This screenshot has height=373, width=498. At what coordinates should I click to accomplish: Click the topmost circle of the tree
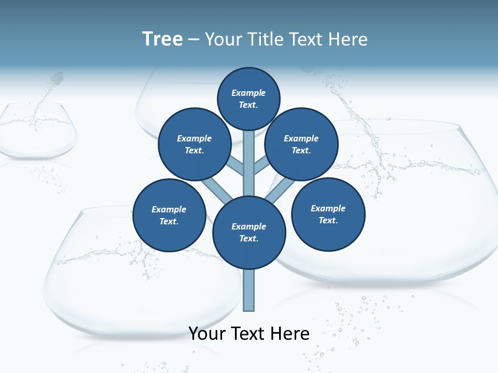click(x=248, y=98)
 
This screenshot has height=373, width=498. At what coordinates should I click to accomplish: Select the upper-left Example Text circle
click(x=194, y=144)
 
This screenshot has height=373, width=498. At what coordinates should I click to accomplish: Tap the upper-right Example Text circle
click(x=301, y=144)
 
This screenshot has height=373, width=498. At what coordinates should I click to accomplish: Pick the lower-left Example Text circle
click(x=169, y=215)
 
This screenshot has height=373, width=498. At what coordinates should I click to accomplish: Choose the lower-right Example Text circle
click(x=328, y=214)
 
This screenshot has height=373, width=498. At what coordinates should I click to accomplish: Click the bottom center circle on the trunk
click(x=249, y=232)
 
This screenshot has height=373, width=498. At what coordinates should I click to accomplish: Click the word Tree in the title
click(x=162, y=39)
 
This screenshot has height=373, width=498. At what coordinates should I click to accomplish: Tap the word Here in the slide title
click(x=347, y=39)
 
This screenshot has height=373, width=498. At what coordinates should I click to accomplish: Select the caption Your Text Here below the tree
click(x=249, y=334)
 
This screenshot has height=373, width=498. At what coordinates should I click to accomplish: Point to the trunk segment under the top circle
click(x=249, y=161)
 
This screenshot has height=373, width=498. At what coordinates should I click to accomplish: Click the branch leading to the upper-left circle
click(x=236, y=166)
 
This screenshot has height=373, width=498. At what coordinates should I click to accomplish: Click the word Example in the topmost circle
click(x=248, y=93)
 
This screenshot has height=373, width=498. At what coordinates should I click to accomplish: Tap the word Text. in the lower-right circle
click(x=328, y=220)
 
